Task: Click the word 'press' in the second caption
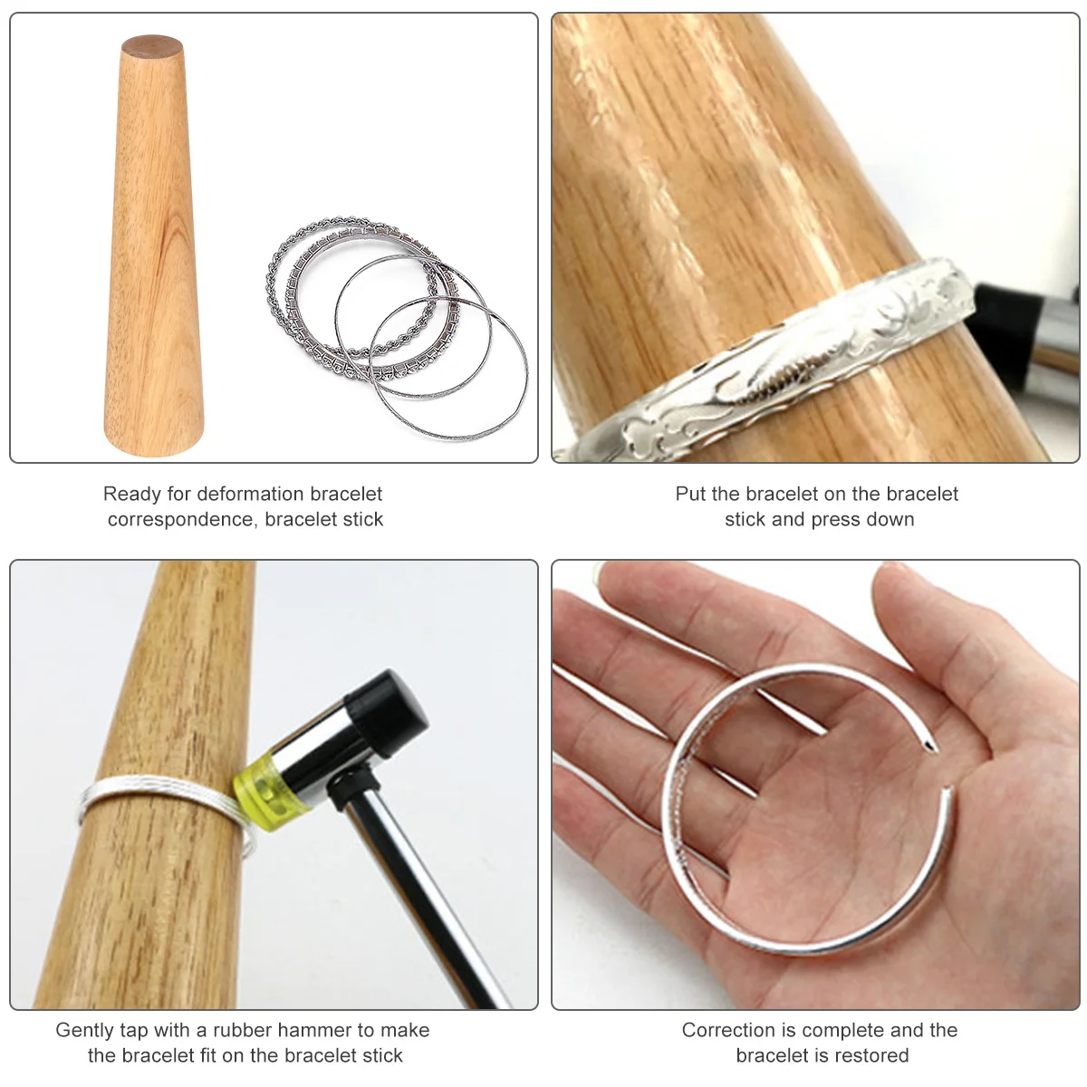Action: point(837,520)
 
